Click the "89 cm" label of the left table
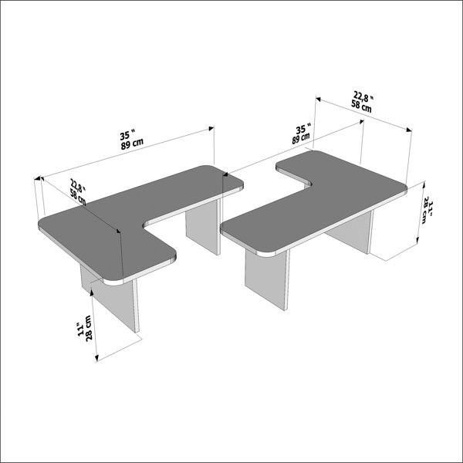click(x=132, y=144)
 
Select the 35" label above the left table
click(x=127, y=135)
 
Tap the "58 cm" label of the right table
click(x=361, y=106)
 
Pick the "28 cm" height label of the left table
click(x=89, y=328)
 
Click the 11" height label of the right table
click(x=431, y=208)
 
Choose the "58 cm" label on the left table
click(x=78, y=198)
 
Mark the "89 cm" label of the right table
click(x=301, y=138)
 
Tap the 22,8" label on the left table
click(x=78, y=186)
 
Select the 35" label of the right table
click(x=303, y=129)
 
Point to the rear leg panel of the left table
click(x=203, y=226)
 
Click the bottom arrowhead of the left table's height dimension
click(x=96, y=357)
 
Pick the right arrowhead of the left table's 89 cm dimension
click(x=211, y=128)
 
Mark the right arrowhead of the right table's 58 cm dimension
click(x=409, y=130)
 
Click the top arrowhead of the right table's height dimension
click(x=424, y=185)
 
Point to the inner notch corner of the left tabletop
click(x=144, y=226)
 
